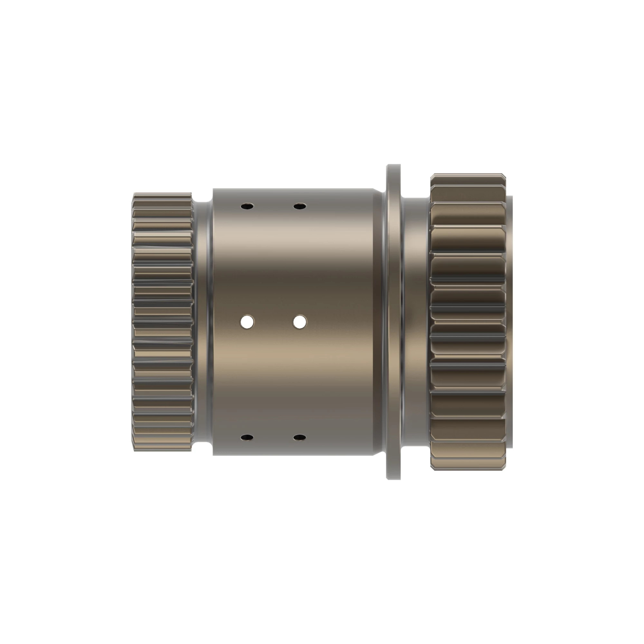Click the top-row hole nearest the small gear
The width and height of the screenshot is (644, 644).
tap(247, 206)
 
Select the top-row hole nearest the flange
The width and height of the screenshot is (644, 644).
tap(300, 206)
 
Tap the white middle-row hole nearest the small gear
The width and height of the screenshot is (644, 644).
tap(247, 322)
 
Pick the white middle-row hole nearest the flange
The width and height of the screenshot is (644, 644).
tap(300, 322)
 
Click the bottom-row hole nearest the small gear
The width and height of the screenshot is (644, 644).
tap(247, 437)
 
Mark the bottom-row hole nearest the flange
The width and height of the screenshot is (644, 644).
tap(300, 437)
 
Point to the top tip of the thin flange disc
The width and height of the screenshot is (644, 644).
tap(394, 166)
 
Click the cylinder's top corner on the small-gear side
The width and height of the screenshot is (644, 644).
tap(214, 190)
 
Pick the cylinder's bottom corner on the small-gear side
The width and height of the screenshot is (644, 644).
tap(214, 454)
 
